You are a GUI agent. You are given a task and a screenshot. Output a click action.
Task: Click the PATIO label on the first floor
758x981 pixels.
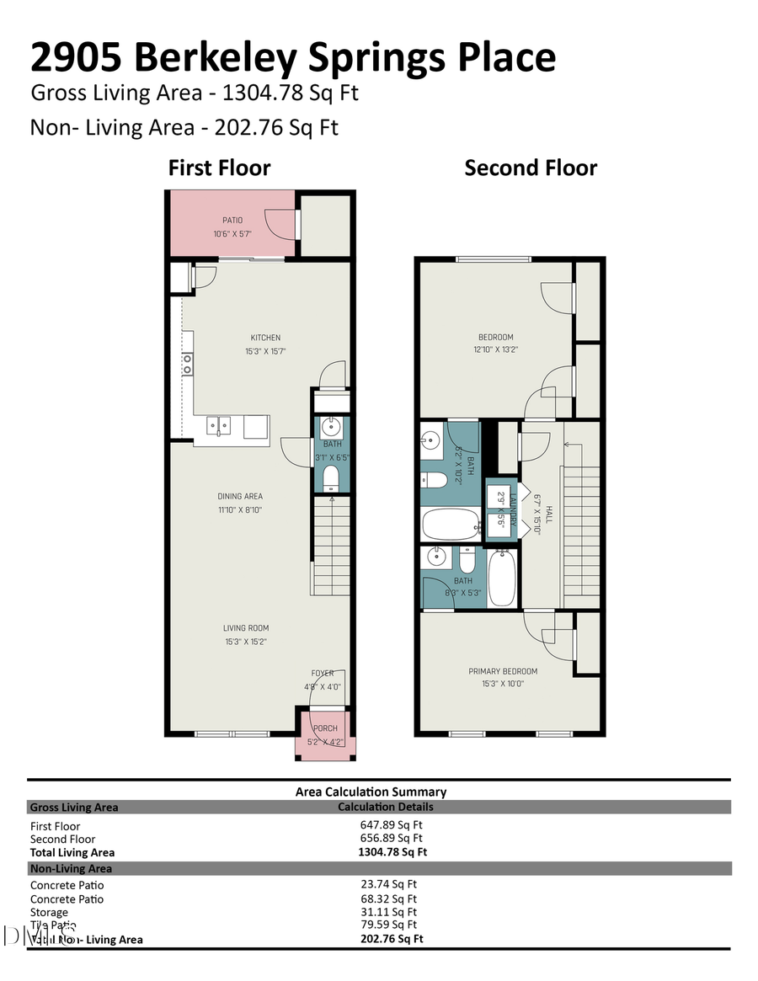tap(232, 221)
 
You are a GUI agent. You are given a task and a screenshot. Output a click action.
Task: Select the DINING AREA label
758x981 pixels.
tap(240, 497)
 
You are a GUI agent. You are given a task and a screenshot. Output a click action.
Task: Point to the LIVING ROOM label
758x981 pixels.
tap(246, 628)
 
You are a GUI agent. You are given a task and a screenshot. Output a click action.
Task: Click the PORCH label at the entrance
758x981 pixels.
tap(325, 728)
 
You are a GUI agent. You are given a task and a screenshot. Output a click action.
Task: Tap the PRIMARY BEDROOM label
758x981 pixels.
tap(503, 671)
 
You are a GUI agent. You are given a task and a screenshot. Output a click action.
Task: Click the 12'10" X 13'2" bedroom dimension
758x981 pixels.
tap(493, 349)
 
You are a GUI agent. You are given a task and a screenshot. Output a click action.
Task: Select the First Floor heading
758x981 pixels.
tap(219, 168)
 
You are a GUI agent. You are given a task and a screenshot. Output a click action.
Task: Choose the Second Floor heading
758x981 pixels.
tap(531, 168)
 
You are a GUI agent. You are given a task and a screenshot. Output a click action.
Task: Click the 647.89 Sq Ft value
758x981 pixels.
tap(392, 825)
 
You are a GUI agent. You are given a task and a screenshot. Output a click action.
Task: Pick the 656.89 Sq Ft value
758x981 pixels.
tap(392, 838)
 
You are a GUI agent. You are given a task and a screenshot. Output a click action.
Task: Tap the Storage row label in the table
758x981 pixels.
tap(49, 912)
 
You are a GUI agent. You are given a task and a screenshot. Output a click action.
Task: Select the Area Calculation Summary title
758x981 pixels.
tap(371, 792)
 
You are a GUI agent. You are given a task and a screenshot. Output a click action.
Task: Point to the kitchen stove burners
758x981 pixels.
tap(187, 364)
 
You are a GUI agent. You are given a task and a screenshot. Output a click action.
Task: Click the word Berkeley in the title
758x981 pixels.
tap(214, 57)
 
